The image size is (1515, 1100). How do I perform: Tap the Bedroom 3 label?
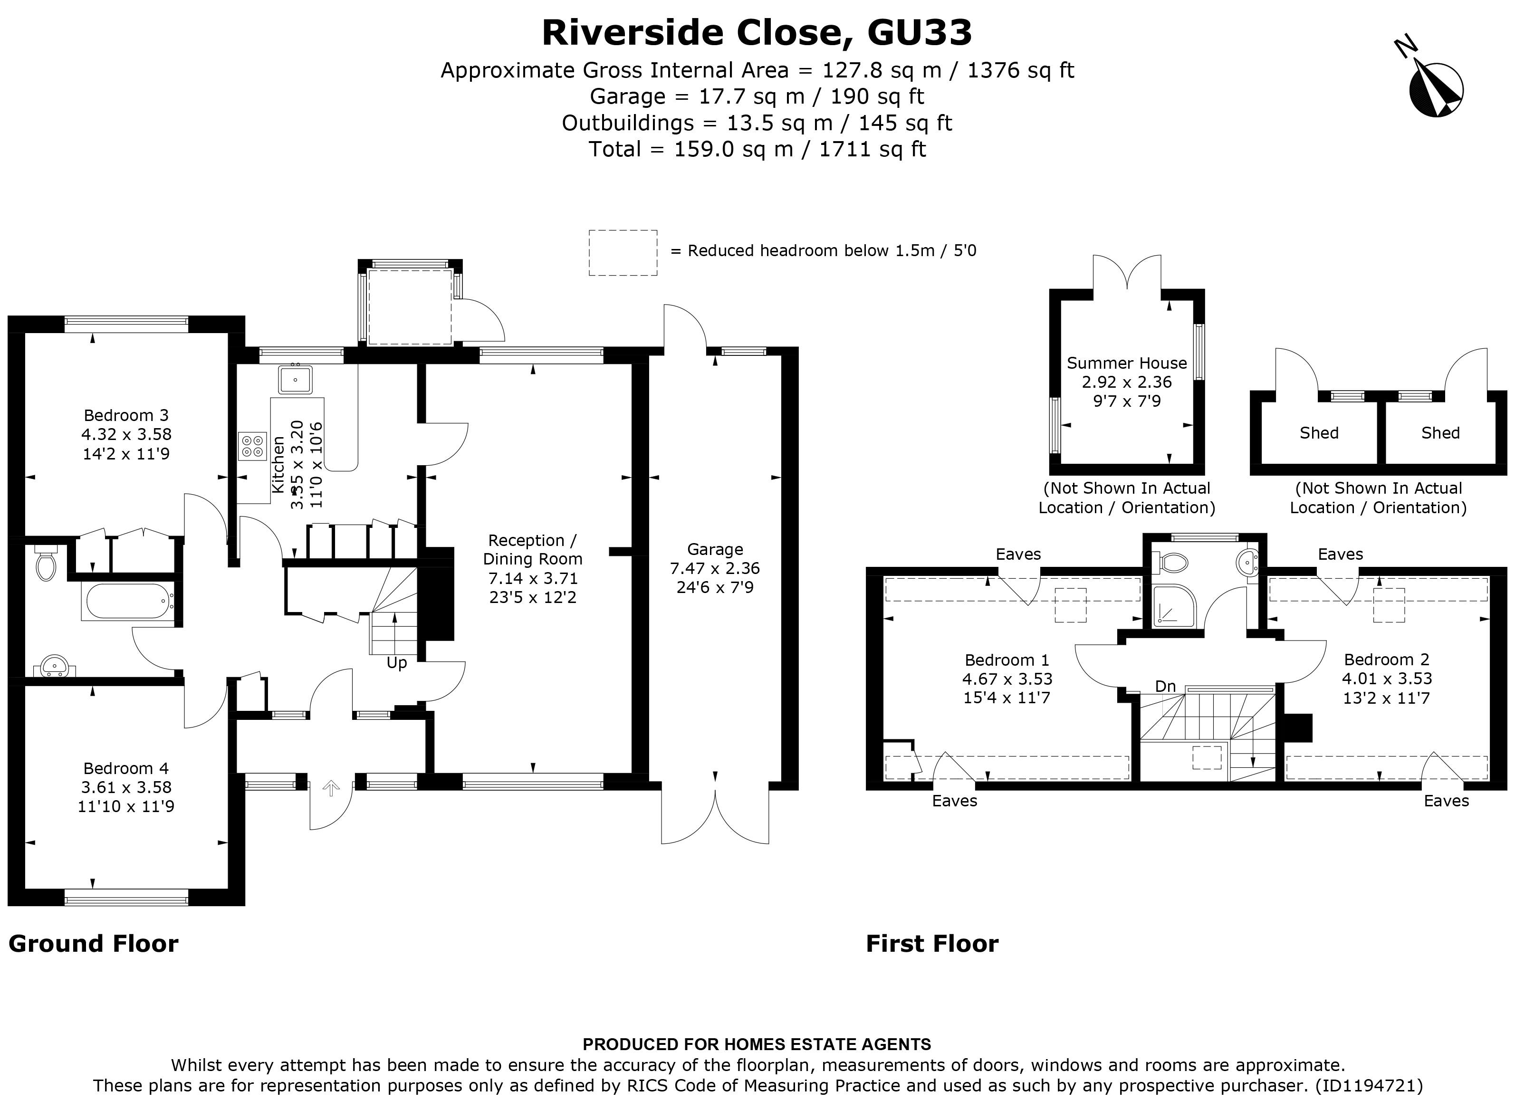tap(125, 415)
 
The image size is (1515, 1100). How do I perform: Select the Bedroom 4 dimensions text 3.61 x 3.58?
tap(125, 787)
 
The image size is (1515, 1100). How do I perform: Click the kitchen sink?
tap(295, 379)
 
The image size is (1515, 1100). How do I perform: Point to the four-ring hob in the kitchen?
tap(252, 446)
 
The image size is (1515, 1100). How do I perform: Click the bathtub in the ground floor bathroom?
tap(127, 602)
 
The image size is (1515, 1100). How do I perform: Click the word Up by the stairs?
tap(397, 663)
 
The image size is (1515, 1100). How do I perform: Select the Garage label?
tap(715, 549)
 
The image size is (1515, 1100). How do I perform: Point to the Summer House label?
tap(1126, 363)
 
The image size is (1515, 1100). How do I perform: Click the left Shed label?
tap(1319, 433)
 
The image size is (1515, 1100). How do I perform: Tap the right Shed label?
tap(1440, 433)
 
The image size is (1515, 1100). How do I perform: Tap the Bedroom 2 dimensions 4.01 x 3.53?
tap(1387, 679)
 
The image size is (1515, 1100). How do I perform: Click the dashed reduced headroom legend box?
tap(623, 252)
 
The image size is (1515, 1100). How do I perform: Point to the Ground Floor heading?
tap(94, 944)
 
